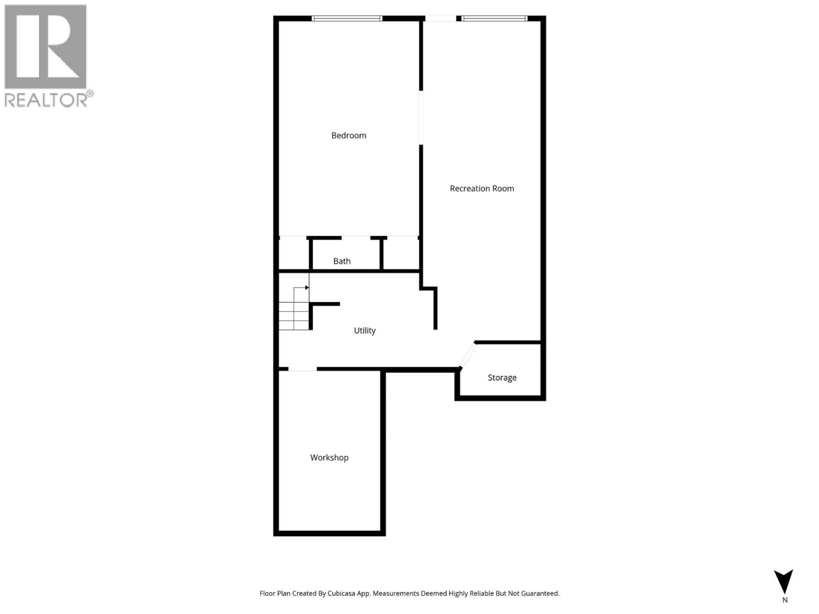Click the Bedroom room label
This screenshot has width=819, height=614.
349,135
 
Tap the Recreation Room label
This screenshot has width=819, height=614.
482,188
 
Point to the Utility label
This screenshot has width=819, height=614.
365,330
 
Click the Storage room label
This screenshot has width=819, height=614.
502,378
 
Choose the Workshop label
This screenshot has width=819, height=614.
329,458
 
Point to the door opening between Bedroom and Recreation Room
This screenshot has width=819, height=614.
421,118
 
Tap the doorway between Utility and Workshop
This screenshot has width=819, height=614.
302,369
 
